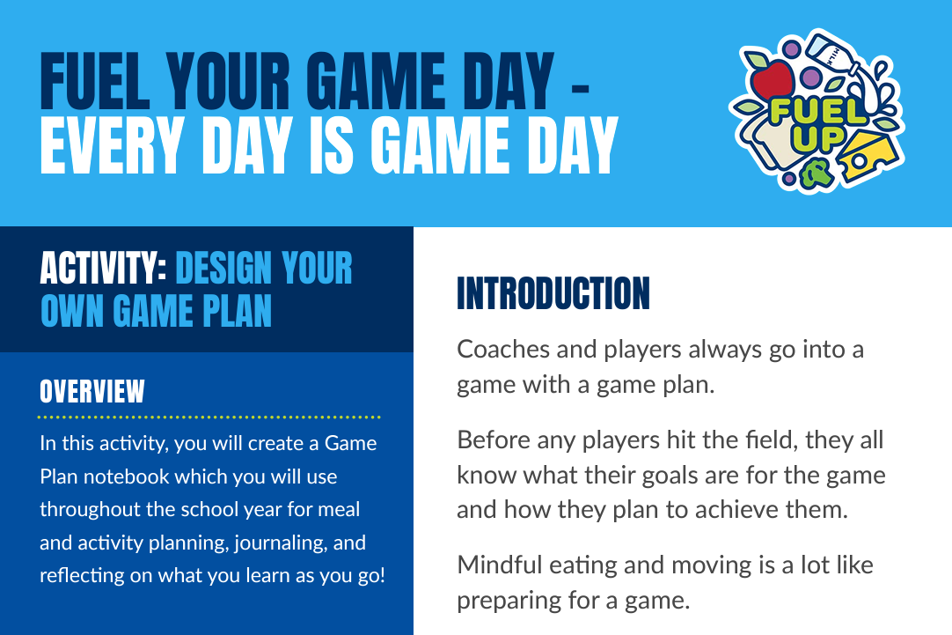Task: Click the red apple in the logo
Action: click(770, 79)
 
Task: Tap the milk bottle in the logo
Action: click(831, 54)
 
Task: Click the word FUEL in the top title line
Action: click(95, 81)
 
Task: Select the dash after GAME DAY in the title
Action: click(580, 89)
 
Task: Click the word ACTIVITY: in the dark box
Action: click(103, 268)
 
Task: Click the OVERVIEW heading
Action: click(92, 391)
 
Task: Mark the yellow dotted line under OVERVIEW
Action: click(209, 417)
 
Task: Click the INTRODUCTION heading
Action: click(553, 293)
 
